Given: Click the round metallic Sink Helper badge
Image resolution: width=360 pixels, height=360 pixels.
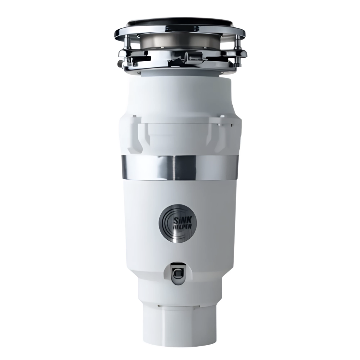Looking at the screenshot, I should pos(178,223).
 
